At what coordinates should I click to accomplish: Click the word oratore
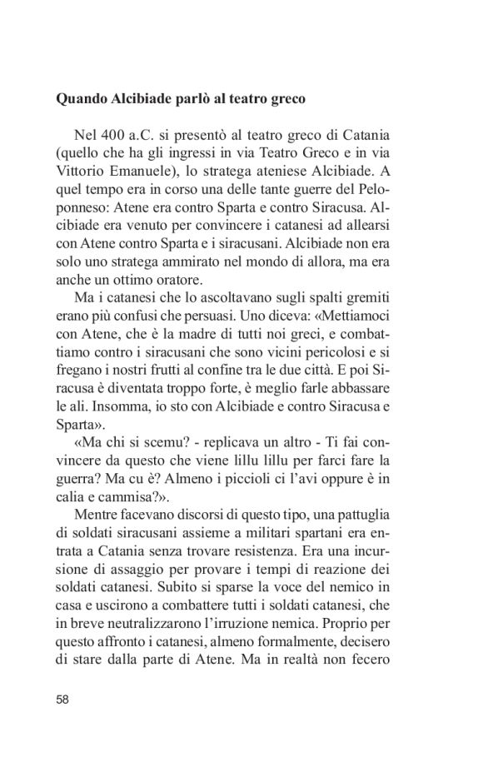193,281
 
